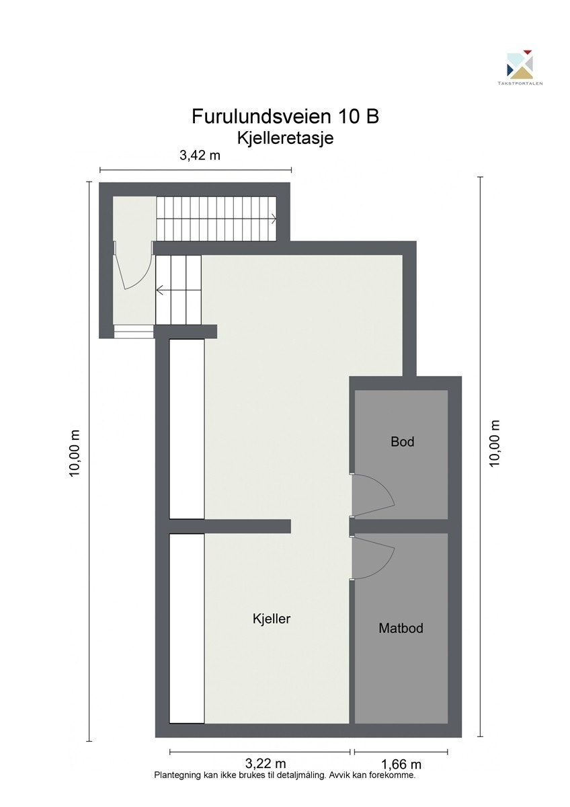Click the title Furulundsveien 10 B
click(285, 116)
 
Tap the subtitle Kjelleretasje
click(285, 138)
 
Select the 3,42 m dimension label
click(200, 156)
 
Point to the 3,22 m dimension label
click(265, 763)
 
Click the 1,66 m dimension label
click(401, 764)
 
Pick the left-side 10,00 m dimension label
click(75, 453)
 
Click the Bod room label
click(402, 442)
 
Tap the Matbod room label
click(401, 629)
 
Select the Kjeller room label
click(272, 619)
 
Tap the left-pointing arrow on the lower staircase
click(160, 291)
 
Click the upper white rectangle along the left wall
click(186, 429)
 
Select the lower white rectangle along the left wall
click(186, 628)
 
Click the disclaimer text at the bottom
click(285, 775)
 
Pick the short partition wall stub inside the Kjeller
click(247, 526)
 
